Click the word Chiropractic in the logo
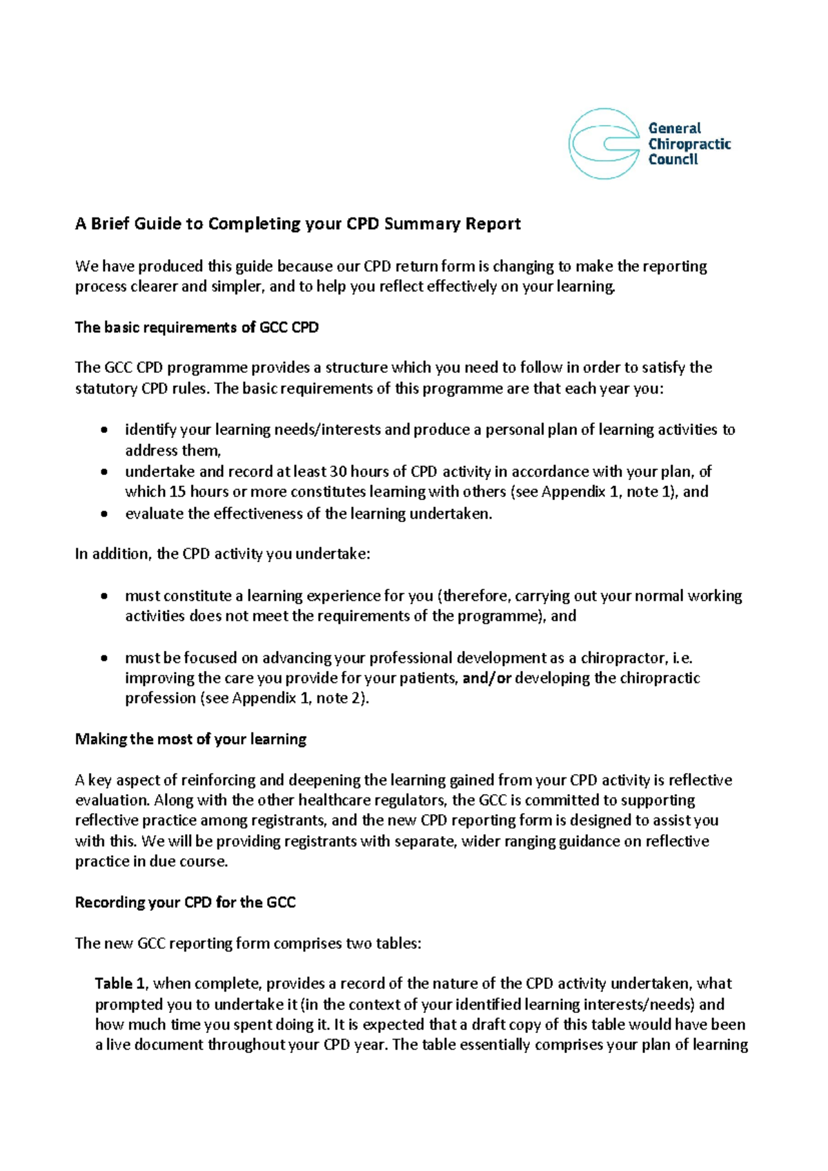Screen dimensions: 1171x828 click(689, 144)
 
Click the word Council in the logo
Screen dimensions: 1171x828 click(673, 159)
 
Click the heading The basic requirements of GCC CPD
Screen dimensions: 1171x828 click(197, 327)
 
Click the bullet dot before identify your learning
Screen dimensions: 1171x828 click(103, 430)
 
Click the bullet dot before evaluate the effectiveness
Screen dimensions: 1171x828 click(103, 514)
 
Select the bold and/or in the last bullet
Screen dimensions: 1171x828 click(486, 679)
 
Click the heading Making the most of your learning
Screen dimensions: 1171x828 click(190, 739)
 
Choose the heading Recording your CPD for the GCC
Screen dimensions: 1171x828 click(185, 902)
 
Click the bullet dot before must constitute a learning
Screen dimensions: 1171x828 click(103, 596)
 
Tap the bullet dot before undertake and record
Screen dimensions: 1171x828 click(103, 472)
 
